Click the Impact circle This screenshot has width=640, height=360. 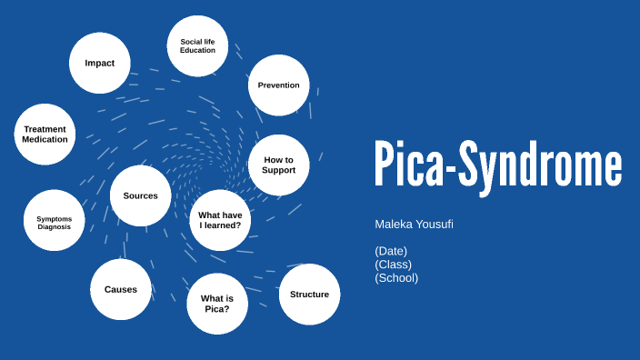coord(100,63)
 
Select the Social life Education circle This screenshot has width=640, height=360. coord(197,45)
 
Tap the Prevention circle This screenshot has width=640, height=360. coord(278,85)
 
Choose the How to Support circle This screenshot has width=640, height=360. coord(279,165)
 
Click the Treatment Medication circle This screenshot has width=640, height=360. coord(45,135)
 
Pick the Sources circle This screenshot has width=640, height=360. coord(141,195)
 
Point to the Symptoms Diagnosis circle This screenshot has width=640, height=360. coord(54,222)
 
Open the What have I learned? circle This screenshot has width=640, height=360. coord(220,220)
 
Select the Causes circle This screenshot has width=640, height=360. coord(121,289)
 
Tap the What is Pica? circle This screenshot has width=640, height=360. coord(217,304)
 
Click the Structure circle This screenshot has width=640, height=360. coord(309,295)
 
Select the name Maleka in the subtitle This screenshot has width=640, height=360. coord(393,224)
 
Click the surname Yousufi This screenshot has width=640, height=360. coord(435,224)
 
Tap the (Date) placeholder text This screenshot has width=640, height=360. coord(391,251)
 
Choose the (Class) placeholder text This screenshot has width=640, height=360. coord(393,265)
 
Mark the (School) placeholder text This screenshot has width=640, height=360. coord(396,278)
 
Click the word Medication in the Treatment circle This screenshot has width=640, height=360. coord(45,140)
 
